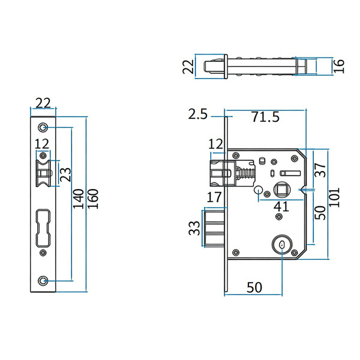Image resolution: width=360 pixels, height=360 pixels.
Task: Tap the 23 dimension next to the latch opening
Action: (65, 175)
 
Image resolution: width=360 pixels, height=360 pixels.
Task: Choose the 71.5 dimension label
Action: (265, 117)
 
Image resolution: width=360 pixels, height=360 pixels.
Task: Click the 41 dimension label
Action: (281, 207)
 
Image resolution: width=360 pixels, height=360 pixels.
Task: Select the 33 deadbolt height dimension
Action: (194, 228)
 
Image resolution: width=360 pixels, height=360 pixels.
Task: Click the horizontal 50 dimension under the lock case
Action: (254, 287)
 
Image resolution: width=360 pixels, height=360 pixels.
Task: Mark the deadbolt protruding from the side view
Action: (215, 229)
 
